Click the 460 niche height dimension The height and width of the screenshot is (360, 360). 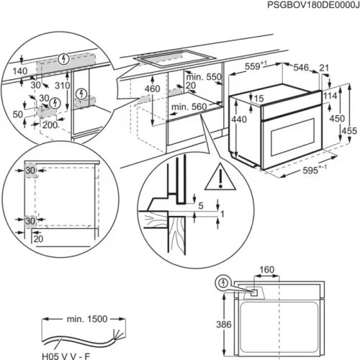tap(152, 89)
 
